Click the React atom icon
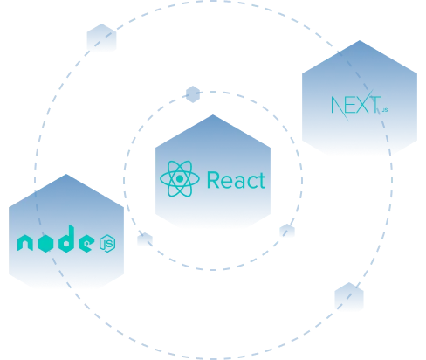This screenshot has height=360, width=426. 180,178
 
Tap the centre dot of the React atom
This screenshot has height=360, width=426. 180,178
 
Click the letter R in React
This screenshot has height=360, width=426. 213,180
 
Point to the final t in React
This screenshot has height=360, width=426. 262,181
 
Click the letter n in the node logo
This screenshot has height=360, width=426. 25,243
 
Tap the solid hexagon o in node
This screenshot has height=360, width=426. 45,243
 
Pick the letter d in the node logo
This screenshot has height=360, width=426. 66,239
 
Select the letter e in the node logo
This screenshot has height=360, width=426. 86,243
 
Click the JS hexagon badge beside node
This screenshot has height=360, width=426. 107,243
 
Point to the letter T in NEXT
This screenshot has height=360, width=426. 375,105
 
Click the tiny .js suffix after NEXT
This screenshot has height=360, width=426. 384,110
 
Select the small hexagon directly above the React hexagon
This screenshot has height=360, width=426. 193,94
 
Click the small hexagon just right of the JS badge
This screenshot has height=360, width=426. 145,239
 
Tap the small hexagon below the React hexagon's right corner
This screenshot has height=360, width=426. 287,231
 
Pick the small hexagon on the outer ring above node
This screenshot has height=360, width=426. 101,38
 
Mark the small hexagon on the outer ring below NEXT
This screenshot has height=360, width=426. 349,296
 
